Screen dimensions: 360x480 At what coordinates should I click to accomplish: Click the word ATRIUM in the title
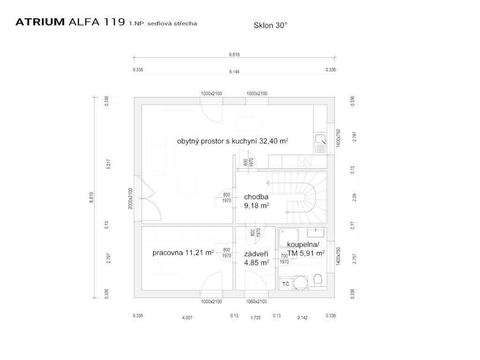click(40, 22)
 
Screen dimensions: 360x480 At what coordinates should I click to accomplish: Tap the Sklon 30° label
click(270, 26)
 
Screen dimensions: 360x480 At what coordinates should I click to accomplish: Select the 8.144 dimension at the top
click(234, 72)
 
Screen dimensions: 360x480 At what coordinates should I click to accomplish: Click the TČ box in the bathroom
click(285, 284)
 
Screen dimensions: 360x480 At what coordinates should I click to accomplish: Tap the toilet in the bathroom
click(318, 280)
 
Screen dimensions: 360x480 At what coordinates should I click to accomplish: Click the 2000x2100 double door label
click(131, 199)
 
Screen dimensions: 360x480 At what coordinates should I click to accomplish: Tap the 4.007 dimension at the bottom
click(187, 318)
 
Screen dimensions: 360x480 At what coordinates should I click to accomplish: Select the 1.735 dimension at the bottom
click(256, 318)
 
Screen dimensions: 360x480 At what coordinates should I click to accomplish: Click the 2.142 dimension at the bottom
click(302, 318)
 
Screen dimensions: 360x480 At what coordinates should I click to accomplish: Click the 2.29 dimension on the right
click(354, 198)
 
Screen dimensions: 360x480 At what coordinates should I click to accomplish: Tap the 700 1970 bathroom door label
click(284, 259)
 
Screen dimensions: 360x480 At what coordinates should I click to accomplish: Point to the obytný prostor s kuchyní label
click(232, 141)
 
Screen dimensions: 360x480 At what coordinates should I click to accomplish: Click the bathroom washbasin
click(316, 232)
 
